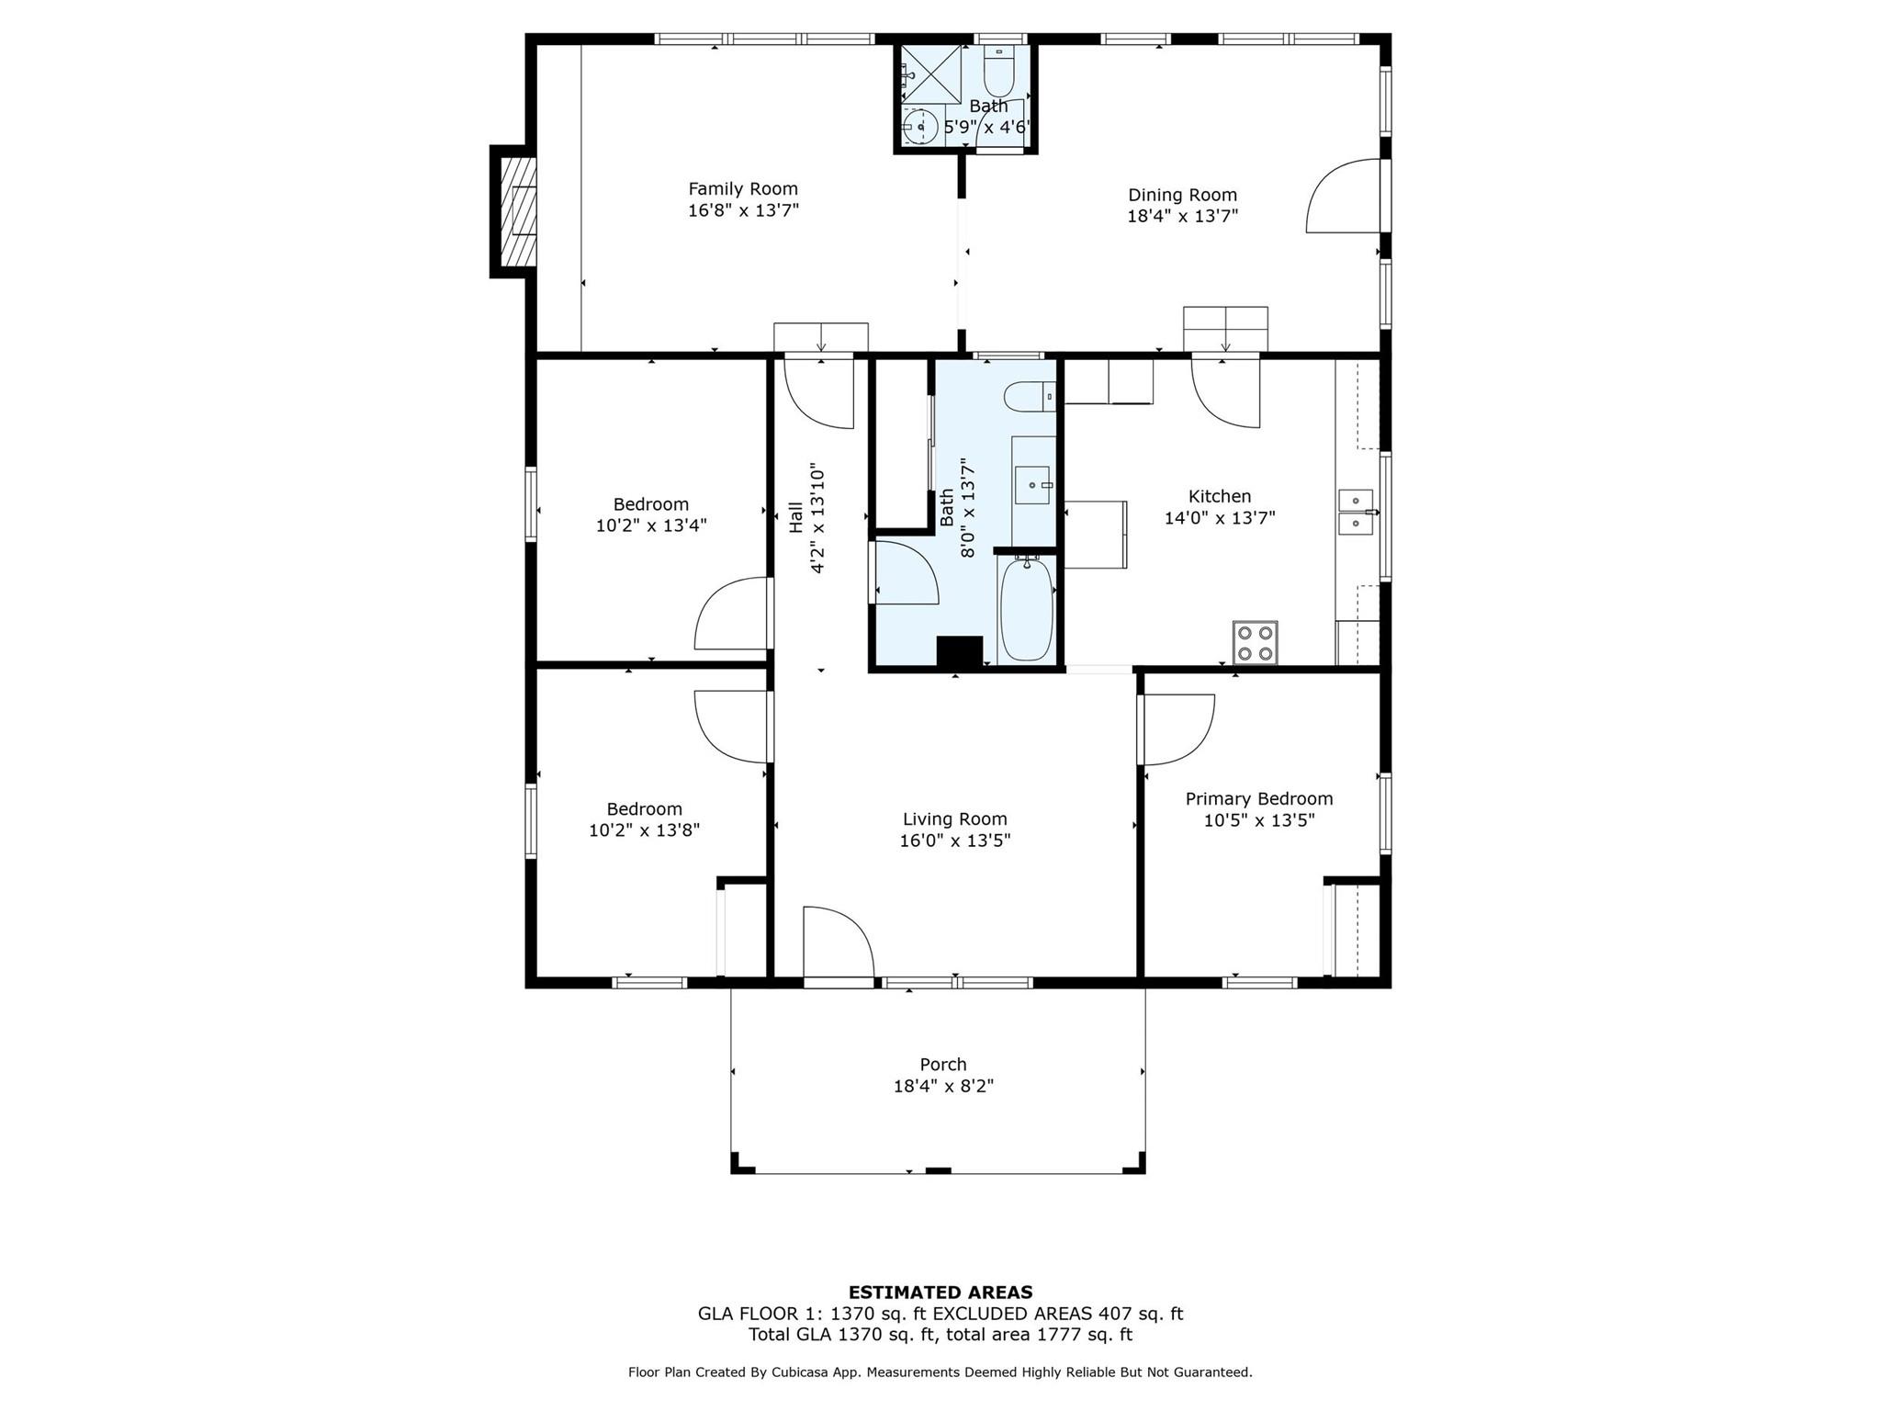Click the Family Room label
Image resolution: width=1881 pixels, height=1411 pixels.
743,189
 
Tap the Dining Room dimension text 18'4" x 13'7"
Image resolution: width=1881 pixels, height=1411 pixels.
1183,216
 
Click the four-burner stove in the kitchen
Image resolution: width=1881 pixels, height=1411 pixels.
1255,642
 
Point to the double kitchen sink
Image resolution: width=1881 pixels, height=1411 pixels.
1356,513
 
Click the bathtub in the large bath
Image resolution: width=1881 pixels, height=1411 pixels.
1026,609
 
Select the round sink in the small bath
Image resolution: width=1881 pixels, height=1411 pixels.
919,126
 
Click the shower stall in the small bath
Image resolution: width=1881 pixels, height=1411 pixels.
930,73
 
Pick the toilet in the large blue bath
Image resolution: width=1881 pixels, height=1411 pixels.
1030,397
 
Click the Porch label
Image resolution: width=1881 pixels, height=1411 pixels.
943,1065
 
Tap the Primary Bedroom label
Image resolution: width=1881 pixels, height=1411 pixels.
1259,799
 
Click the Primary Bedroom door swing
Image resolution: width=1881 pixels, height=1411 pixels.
1177,730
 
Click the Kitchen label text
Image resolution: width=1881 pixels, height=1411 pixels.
1220,497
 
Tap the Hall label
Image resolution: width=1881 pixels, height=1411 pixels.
795,516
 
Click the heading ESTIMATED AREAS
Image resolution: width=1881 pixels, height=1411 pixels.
940,1292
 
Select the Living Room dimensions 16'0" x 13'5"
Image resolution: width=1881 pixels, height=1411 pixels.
955,841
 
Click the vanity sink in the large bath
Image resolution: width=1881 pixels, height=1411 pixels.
1033,485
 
